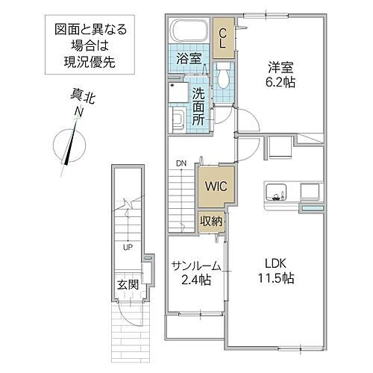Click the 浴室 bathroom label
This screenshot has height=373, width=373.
[187, 57]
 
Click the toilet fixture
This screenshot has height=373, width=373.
[223, 78]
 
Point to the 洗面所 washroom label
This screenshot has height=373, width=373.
[198, 105]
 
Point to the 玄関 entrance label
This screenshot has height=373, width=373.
[126, 284]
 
